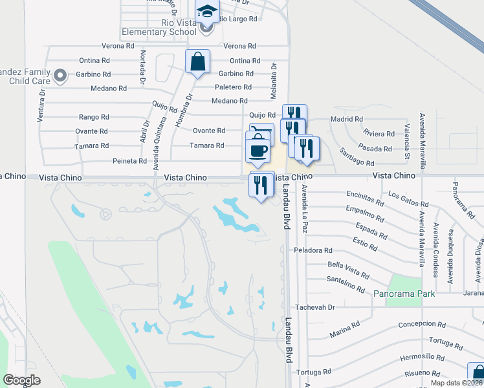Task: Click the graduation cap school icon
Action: [x=207, y=11]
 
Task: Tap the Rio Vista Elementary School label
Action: [x=159, y=27]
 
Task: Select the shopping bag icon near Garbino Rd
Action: [x=197, y=63]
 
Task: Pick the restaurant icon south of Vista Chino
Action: [x=261, y=186]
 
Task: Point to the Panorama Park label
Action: [x=404, y=293]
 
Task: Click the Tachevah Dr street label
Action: [x=315, y=308]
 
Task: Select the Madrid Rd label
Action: [x=346, y=120]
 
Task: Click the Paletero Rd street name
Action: [x=232, y=87]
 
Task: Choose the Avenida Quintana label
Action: [x=156, y=147]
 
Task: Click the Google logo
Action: [x=21, y=380]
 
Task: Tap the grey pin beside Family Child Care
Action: [x=60, y=76]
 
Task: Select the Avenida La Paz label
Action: [x=304, y=208]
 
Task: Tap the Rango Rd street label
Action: [x=94, y=117]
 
